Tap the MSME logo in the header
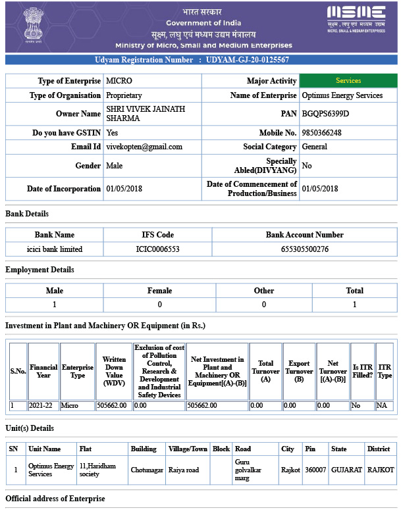coord(356,18)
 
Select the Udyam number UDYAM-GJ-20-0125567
coord(247,60)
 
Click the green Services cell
coord(348,81)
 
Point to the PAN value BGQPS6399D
coord(325,114)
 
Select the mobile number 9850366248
coord(321,133)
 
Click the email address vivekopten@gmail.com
coord(144,147)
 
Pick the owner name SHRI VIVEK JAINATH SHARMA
coord(146,114)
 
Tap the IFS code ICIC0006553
coord(157,249)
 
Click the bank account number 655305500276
coord(304,249)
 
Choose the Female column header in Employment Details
coord(159,290)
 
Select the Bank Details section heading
coord(27,214)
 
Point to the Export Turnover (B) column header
coord(299,372)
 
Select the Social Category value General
coord(315,147)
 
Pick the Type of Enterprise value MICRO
coord(119,81)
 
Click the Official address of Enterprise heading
coord(55,499)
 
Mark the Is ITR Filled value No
coord(356,406)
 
